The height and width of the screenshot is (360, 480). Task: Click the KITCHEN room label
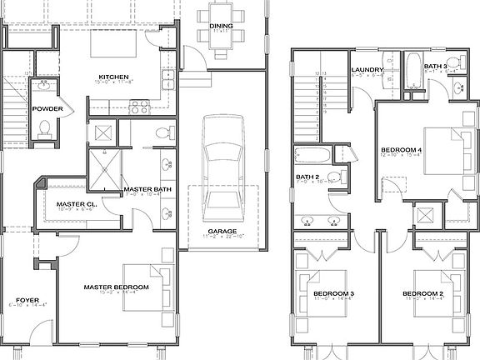tap(112, 76)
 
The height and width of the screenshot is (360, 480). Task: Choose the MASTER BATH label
tap(147, 189)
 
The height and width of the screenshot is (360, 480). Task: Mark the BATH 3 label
tap(435, 66)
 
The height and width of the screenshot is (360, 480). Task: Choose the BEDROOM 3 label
tap(334, 294)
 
